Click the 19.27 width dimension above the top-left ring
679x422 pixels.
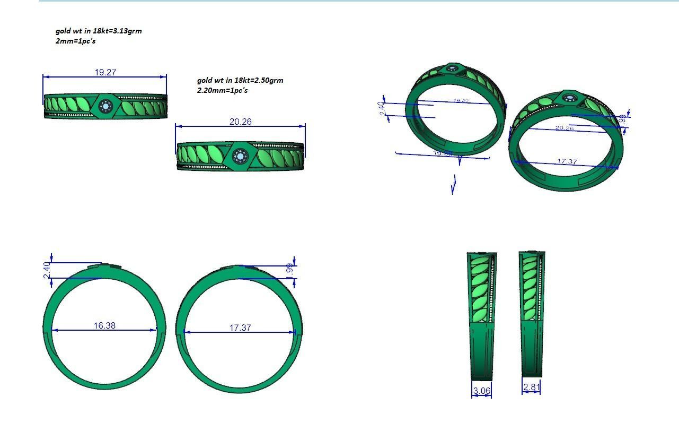[x=105, y=72]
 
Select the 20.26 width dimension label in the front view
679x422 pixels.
[x=240, y=122]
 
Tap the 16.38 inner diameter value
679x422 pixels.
[x=104, y=325]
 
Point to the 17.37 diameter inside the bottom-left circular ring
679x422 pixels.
[x=240, y=328]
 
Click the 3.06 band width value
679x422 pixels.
[x=481, y=391]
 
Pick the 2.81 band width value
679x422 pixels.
[x=531, y=387]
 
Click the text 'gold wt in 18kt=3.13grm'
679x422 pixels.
[x=99, y=31]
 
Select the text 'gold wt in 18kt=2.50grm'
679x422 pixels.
[x=240, y=80]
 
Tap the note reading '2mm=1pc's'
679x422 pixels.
[x=75, y=41]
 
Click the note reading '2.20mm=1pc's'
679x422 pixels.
[x=222, y=90]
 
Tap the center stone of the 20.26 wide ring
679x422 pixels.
[x=241, y=157]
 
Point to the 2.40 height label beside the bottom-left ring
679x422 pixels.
[x=47, y=270]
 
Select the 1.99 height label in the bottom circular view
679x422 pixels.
[x=289, y=270]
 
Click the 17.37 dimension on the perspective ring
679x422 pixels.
[x=567, y=161]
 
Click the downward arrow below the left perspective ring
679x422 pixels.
[x=454, y=184]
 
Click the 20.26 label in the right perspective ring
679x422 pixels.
[x=565, y=128]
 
